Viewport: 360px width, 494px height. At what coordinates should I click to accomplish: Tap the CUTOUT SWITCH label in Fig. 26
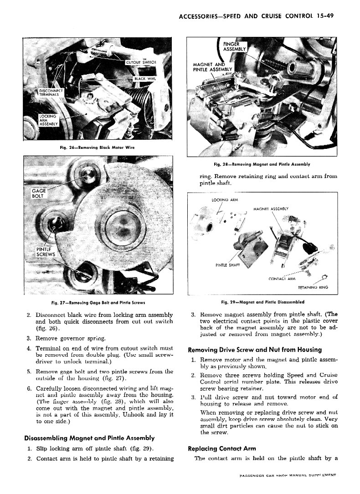pyautogui.click(x=141, y=62)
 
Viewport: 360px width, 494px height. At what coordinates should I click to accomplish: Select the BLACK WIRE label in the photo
pyautogui.click(x=145, y=78)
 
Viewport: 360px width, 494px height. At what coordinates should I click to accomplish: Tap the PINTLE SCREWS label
pyautogui.click(x=46, y=251)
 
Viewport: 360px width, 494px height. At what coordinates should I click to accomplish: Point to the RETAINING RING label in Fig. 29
pyautogui.click(x=313, y=287)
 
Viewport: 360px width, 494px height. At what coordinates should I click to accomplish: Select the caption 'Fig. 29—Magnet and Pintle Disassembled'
pyautogui.click(x=262, y=301)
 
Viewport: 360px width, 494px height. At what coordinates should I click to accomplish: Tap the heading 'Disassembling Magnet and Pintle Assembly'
pyautogui.click(x=89, y=438)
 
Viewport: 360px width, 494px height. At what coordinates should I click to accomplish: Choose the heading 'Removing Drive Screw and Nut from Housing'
pyautogui.click(x=255, y=349)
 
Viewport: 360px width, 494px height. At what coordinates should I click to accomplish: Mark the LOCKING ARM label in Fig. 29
pyautogui.click(x=222, y=200)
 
